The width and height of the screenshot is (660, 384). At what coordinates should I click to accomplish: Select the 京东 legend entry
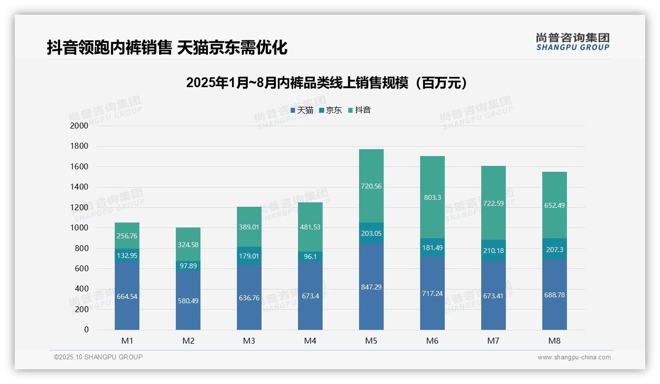330,110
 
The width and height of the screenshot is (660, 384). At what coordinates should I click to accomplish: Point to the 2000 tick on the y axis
79,126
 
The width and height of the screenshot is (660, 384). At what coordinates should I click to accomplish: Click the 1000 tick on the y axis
79,228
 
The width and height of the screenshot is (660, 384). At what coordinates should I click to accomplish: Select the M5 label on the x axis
371,341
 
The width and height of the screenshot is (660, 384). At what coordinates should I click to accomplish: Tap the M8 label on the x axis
554,341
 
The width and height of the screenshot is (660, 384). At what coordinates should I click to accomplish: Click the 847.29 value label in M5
371,287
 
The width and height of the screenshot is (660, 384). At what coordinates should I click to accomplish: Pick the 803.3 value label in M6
432,197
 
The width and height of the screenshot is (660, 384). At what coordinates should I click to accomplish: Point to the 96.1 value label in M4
310,256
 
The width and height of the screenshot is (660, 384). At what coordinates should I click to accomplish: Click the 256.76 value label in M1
127,236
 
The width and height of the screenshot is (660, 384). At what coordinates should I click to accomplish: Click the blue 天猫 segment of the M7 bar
494,310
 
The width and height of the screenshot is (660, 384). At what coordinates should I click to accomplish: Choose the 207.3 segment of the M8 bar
555,250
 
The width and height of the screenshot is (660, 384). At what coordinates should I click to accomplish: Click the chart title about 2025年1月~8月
327,83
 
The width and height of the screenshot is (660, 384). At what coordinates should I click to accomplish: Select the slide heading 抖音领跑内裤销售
167,48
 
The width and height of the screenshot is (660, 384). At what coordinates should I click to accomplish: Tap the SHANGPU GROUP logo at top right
572,42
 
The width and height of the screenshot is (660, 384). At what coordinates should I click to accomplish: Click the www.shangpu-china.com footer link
574,357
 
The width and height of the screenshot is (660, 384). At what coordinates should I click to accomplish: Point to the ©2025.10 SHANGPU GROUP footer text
99,357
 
